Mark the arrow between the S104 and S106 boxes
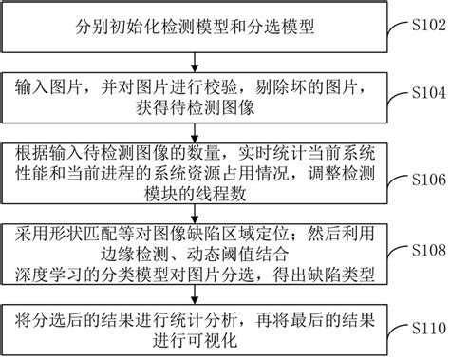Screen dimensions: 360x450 pyautogui.click(x=195, y=132)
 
